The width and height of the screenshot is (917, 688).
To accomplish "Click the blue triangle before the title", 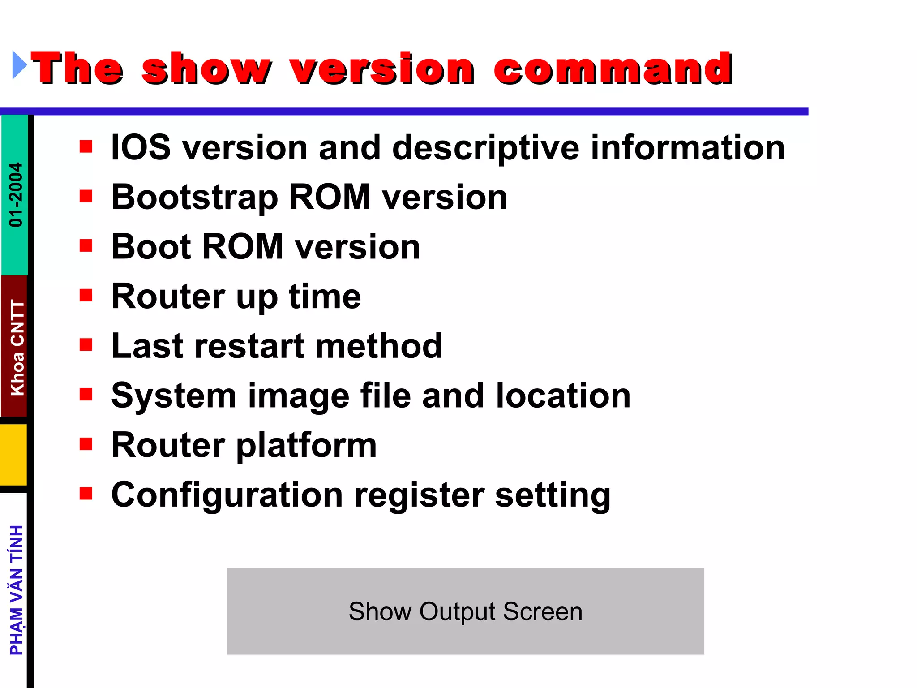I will pos(19,65).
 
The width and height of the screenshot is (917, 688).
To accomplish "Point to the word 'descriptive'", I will pos(485,148).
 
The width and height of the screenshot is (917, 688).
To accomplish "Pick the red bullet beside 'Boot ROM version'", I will pos(86,245).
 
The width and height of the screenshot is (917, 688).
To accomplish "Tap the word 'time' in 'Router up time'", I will pos(325,297).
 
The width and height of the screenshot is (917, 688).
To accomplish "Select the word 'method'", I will pos(379,346).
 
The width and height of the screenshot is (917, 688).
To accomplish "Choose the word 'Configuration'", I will pos(227,495).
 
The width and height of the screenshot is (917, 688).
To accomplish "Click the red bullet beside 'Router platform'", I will pos(86,444).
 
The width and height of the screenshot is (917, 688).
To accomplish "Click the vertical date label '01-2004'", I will pos(16,194).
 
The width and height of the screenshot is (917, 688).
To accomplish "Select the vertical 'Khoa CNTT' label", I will pos(17,348).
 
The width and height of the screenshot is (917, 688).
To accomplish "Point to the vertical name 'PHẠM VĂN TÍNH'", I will pos(17,590).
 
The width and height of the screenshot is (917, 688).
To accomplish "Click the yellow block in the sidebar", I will pos(14,454).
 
